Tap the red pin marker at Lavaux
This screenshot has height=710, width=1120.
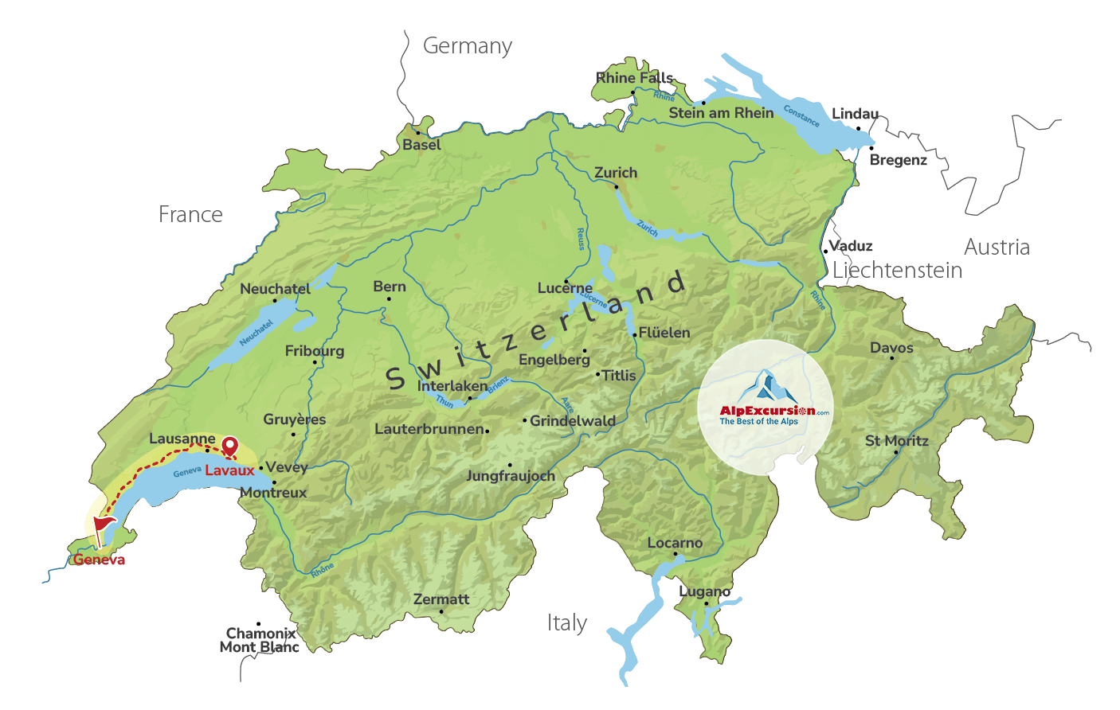click(229, 447)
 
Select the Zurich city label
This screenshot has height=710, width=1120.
click(616, 173)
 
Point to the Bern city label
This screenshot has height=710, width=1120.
click(390, 287)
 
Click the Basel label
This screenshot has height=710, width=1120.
click(421, 145)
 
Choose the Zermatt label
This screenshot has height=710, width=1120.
click(441, 599)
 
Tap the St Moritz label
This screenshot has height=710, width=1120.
click(897, 441)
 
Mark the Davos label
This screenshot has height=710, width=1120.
click(891, 348)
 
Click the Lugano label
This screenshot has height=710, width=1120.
click(705, 591)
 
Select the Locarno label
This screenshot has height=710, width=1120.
click(675, 543)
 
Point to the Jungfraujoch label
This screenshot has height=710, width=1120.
click(511, 476)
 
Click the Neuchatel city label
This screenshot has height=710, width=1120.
click(275, 289)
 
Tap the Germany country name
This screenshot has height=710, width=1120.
click(468, 46)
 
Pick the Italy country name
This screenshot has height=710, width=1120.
click(567, 622)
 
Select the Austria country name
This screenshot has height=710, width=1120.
click(997, 247)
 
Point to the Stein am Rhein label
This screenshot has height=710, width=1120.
click(721, 113)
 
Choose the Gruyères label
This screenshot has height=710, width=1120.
click(295, 419)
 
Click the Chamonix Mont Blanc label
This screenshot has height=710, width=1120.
click(260, 640)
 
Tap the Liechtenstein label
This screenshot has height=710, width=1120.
click(897, 271)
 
